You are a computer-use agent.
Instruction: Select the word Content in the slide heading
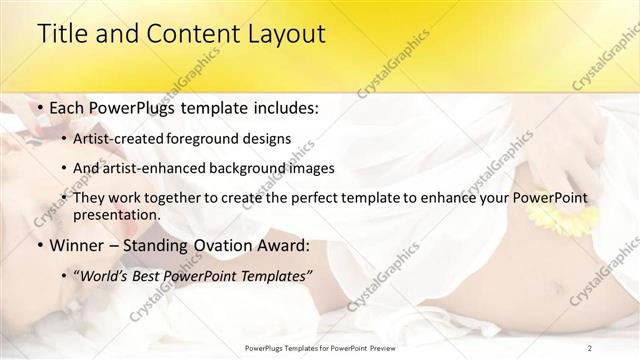177,33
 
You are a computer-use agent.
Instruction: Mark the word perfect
329,198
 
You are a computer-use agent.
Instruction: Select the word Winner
78,245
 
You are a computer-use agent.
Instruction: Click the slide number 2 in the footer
590,347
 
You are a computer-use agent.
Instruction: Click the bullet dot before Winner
38,245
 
